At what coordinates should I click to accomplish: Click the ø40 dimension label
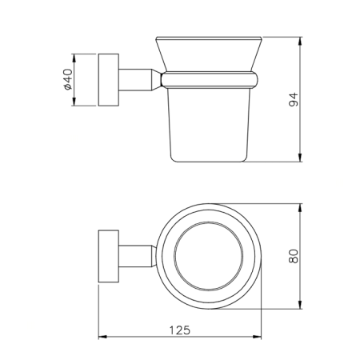pos(67,80)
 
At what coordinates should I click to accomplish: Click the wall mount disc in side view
pos(107,80)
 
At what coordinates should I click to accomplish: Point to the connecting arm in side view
pos(140,80)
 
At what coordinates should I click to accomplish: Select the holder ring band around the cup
pos(212,79)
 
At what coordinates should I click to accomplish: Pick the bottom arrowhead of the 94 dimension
pos(301,157)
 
